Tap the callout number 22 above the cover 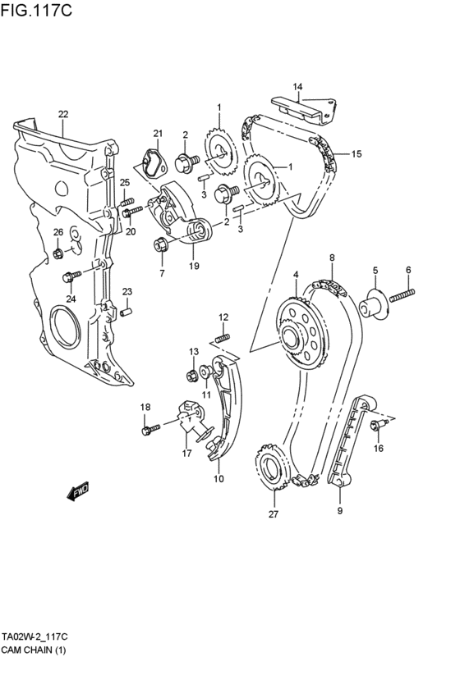63,114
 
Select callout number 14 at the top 297,87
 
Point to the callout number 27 274,515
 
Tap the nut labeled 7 160,244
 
